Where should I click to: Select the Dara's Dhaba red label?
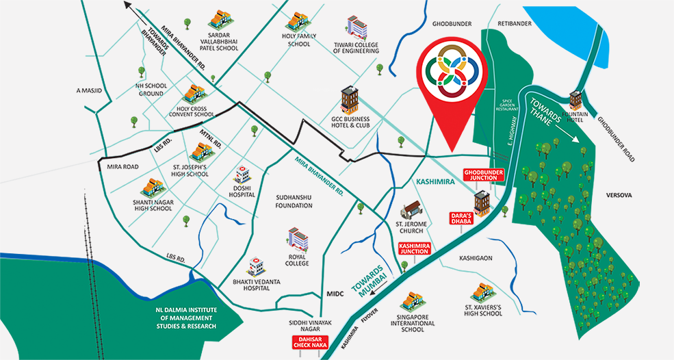pyautogui.click(x=462, y=218)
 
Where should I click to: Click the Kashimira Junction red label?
pyautogui.click(x=415, y=248)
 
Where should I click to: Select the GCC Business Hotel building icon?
pyautogui.click(x=350, y=101)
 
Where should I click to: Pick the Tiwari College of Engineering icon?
pyautogui.click(x=356, y=27)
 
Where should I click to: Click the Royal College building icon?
pyautogui.click(x=298, y=239)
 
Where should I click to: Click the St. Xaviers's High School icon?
pyautogui.click(x=484, y=292)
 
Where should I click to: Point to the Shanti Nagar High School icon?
pyautogui.click(x=151, y=185)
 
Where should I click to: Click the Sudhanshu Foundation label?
pyautogui.click(x=294, y=200)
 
